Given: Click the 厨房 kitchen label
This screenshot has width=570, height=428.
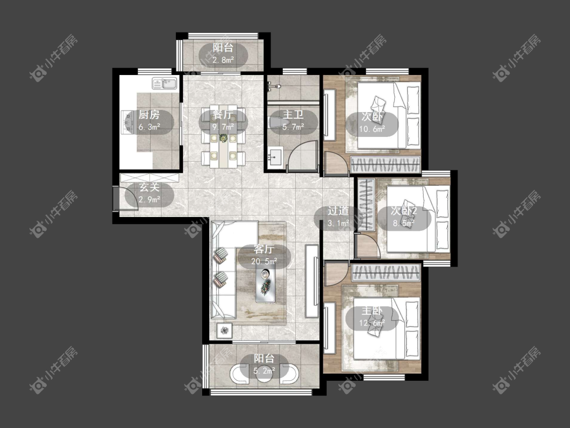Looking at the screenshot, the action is (x=149, y=115).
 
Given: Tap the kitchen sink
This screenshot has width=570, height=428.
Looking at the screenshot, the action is (x=164, y=84).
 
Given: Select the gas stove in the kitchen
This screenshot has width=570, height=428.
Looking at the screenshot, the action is (x=128, y=122).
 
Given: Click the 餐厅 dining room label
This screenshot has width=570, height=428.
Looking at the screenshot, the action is (x=223, y=115).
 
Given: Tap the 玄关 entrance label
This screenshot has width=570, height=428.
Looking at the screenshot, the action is (x=149, y=188).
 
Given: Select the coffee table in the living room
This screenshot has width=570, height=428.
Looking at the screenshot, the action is (x=265, y=282).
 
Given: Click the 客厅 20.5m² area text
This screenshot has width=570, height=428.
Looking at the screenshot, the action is (x=264, y=261).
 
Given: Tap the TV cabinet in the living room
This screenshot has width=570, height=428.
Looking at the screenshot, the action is (x=312, y=281).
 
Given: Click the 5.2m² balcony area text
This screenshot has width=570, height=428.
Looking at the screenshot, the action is (x=264, y=371).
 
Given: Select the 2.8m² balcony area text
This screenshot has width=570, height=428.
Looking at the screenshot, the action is (x=223, y=60).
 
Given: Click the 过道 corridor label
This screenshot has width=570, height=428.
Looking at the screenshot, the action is (x=338, y=211).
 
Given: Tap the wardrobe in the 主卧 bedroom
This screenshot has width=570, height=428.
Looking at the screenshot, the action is (x=386, y=273).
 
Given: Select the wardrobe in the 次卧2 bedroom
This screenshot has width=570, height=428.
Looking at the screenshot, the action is (x=366, y=204).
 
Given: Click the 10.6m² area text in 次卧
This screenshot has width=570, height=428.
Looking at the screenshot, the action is (x=372, y=129).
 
